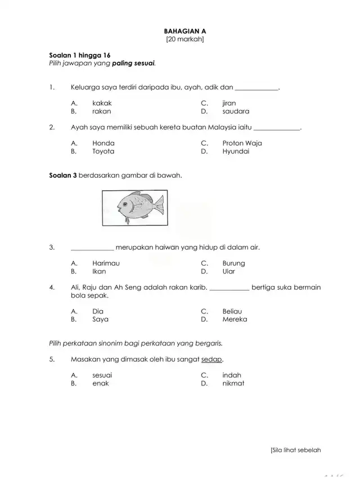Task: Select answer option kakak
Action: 102,104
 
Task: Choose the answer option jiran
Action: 229,104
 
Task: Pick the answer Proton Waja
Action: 242,143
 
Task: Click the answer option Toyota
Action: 103,151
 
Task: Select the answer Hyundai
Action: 236,151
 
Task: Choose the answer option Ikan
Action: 99,271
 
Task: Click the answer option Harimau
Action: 106,263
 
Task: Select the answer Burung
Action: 233,263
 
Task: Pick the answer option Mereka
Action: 235,320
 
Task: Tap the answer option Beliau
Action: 232,311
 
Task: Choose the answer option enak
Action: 101,384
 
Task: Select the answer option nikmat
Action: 233,384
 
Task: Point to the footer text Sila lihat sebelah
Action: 295,450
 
